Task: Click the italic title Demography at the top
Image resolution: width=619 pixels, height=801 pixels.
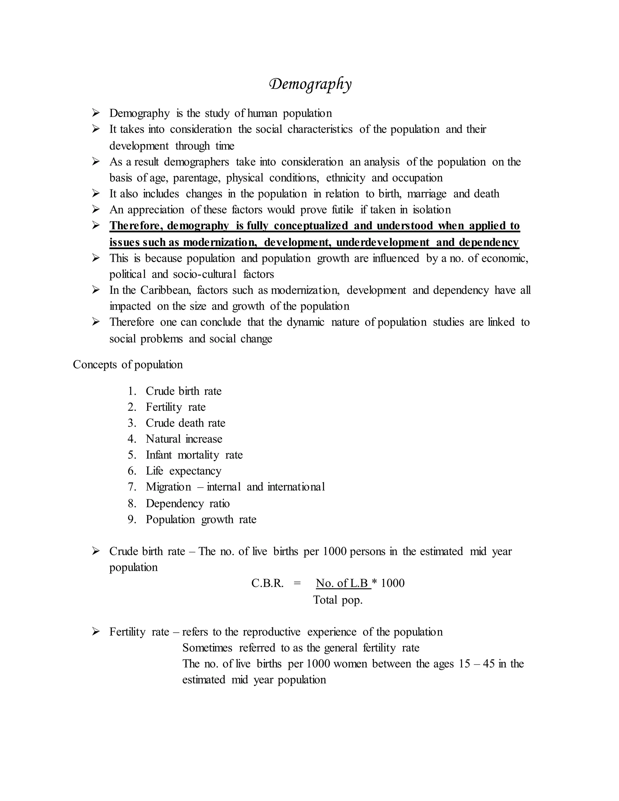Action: [x=310, y=84]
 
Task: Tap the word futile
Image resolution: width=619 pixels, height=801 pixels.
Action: [x=342, y=210]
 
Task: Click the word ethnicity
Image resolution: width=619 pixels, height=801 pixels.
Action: [x=345, y=178]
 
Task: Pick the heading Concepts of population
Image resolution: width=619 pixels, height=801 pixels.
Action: [x=128, y=365]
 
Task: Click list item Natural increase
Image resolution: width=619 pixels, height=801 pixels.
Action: [x=184, y=439]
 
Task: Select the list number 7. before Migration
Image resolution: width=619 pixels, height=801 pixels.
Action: [x=132, y=487]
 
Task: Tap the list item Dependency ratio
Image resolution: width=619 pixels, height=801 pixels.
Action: [x=187, y=504]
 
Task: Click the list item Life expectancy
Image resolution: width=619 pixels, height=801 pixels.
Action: [x=183, y=471]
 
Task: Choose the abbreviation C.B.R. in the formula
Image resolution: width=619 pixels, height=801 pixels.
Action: [x=267, y=583]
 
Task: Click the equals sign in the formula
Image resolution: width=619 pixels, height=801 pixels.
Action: [x=297, y=583]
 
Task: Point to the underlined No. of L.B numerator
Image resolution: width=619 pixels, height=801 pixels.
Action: [x=342, y=583]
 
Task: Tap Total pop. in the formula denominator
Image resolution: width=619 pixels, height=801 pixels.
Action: [x=337, y=600]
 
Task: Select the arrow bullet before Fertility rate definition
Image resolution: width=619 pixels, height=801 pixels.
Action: [x=96, y=631]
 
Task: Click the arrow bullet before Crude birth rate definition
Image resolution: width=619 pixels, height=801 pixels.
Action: [x=96, y=551]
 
